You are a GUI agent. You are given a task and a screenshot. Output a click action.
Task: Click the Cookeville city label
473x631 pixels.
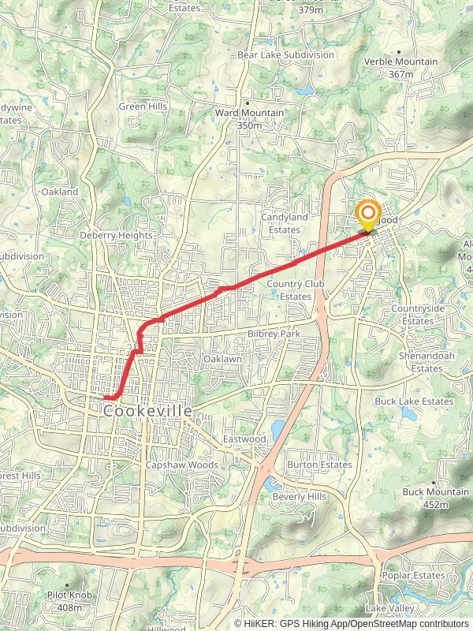(148, 411)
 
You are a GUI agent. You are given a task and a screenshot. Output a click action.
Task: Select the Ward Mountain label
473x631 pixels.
(249, 118)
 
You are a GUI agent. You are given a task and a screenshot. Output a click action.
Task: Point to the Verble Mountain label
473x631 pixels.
(400, 67)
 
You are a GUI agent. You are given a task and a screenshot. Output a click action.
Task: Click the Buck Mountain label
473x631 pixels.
(436, 497)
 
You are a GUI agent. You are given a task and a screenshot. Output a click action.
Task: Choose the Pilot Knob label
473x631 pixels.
(65, 602)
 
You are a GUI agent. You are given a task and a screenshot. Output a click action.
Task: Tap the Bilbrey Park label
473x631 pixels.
(274, 334)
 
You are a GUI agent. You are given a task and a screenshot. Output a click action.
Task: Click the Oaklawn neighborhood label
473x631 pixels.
(222, 359)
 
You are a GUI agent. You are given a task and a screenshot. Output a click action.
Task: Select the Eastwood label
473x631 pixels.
(244, 439)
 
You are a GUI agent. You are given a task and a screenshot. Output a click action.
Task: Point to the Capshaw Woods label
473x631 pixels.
(181, 465)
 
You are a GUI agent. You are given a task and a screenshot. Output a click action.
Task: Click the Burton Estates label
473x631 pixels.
(319, 465)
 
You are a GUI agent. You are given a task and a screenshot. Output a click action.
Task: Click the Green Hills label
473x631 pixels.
(143, 106)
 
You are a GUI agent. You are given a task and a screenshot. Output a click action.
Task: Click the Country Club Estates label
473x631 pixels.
(289, 289)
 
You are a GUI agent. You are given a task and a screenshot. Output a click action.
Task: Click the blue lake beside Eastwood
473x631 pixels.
(277, 429)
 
